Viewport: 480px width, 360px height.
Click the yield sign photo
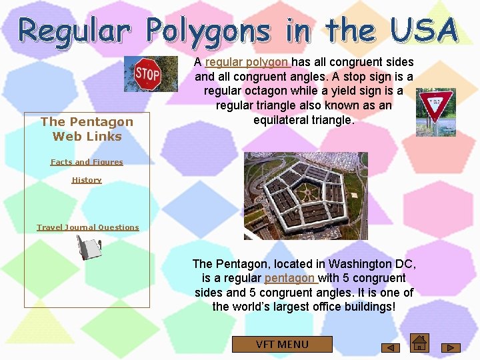tap(435, 112)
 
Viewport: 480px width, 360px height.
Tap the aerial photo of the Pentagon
tap(305, 196)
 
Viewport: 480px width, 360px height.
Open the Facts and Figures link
tap(87, 162)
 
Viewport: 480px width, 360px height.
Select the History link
tap(87, 180)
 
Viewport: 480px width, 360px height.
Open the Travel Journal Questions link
tap(88, 227)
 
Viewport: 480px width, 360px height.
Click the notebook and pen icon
tap(88, 248)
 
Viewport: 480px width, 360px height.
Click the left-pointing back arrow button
tap(390, 347)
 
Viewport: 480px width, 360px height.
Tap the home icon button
tap(419, 342)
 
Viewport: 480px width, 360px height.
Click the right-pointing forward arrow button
tap(451, 347)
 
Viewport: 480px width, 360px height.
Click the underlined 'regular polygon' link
tap(247, 62)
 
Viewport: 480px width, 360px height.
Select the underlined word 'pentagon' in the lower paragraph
tap(290, 278)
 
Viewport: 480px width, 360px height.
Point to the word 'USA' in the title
tap(423, 31)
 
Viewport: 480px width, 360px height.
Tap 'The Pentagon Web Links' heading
tap(87, 129)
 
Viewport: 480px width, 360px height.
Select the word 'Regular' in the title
tap(74, 31)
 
